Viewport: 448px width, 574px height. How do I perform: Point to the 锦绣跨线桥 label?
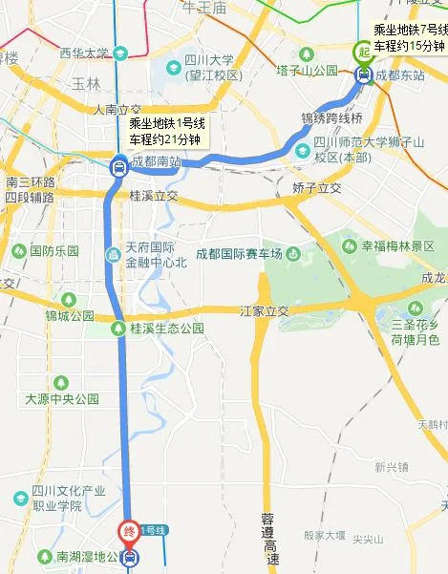click(x=332, y=118)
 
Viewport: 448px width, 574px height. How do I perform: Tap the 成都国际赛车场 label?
click(x=240, y=252)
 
